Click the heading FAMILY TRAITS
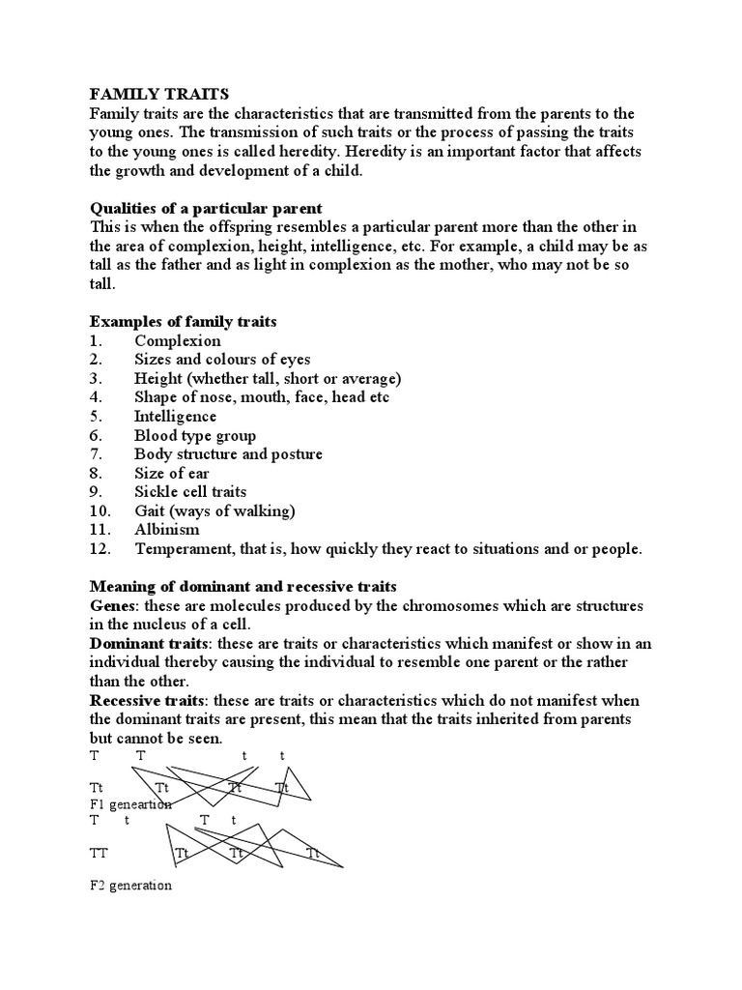coord(159,94)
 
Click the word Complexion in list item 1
coord(178,340)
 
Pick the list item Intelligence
coord(176,416)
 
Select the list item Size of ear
coord(173,473)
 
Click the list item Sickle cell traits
coord(190,492)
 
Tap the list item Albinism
coord(167,530)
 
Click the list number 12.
coord(100,549)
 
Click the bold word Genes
coord(112,605)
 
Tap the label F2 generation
coord(130,885)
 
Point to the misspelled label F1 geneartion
coord(130,804)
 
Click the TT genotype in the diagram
coord(100,854)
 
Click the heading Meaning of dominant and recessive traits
coord(243,587)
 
